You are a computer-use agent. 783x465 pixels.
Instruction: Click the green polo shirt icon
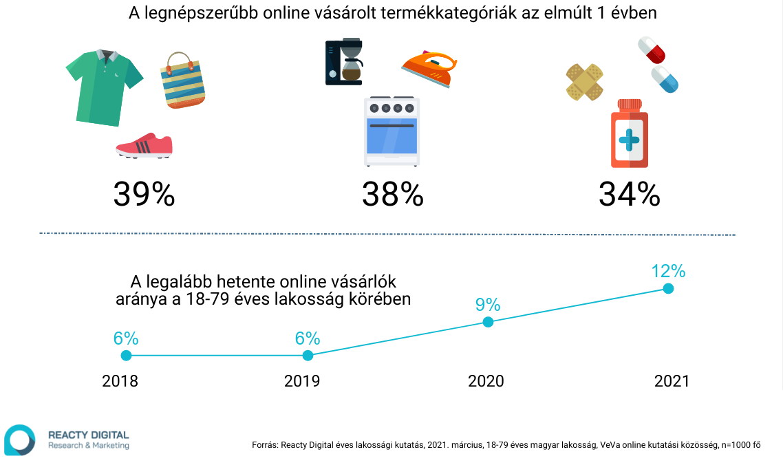104,87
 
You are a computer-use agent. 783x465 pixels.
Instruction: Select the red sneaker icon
144,146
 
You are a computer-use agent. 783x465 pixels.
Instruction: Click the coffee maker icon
344,61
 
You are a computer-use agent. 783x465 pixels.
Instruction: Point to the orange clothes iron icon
429,69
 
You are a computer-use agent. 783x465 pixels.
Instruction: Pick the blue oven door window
391,136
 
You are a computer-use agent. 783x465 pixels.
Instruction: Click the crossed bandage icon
584,82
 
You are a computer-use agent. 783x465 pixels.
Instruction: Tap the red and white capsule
652,50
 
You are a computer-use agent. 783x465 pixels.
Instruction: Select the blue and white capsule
665,79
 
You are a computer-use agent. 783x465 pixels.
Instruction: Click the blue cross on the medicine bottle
629,140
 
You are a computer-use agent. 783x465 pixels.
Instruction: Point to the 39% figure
144,194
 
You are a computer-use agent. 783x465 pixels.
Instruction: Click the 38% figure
392,194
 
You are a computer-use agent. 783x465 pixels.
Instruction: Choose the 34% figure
629,194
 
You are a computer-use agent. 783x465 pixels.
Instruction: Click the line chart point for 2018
127,355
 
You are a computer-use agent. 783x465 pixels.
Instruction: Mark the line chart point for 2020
489,322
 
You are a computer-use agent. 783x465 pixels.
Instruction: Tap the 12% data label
668,271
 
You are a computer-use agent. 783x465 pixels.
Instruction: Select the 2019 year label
302,381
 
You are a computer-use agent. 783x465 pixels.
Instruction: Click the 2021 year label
672,381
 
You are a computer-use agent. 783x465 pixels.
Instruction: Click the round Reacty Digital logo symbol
19,440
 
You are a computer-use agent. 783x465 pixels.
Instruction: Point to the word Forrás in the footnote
265,445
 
